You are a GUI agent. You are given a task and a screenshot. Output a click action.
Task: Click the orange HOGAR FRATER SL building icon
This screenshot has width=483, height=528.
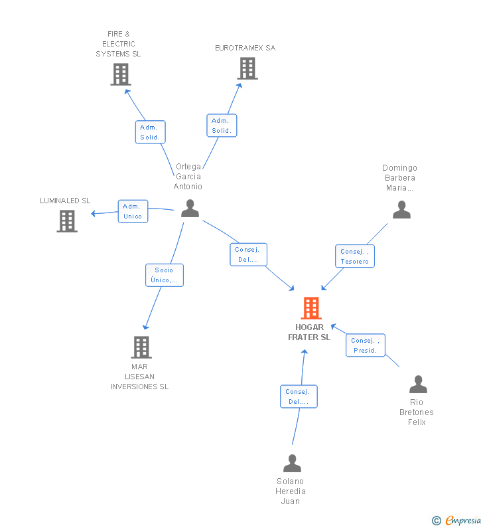tap(311, 308)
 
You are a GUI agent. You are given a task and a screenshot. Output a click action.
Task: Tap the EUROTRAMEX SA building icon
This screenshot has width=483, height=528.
tap(247, 68)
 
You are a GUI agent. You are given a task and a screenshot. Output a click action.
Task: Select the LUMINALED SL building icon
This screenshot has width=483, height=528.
tap(67, 221)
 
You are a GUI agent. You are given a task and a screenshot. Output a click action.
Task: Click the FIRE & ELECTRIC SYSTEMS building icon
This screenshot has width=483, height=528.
tap(121, 74)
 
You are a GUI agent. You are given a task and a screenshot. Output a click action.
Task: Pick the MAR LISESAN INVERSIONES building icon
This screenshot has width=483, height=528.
tap(141, 347)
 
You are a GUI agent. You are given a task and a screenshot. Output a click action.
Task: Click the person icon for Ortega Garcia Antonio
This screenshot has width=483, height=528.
tap(190, 209)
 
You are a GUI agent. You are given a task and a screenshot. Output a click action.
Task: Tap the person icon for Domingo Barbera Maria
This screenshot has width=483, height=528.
tap(401, 209)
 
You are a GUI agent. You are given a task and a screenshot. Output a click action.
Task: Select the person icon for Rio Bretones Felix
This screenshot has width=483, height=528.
tap(418, 385)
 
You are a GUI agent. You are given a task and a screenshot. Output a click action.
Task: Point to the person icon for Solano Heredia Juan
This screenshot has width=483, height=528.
tap(292, 464)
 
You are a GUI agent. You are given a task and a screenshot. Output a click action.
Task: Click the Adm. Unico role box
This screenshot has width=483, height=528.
tap(133, 211)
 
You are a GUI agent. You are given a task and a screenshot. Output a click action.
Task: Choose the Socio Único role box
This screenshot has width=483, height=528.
tap(165, 275)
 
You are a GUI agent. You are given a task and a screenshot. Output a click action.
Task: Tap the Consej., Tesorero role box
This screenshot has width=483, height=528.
tap(355, 256)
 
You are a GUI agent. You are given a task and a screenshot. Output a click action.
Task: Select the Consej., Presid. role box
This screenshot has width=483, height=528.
tap(366, 345)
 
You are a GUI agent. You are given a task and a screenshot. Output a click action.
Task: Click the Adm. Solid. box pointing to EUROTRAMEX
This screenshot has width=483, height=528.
tap(222, 126)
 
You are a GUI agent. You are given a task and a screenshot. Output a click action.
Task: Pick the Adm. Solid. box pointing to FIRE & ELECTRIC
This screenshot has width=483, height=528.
tap(151, 132)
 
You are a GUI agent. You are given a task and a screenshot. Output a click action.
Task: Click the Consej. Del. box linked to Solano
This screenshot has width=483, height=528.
tap(299, 396)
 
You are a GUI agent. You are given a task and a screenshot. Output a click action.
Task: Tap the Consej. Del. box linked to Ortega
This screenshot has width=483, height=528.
tap(249, 254)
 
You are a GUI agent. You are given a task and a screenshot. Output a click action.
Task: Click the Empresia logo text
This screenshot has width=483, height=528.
tap(463, 520)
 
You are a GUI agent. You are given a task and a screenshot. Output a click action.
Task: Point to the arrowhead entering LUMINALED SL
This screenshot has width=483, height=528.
tap(93, 213)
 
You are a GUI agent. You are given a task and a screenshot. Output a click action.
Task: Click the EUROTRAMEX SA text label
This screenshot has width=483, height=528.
tap(245, 48)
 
